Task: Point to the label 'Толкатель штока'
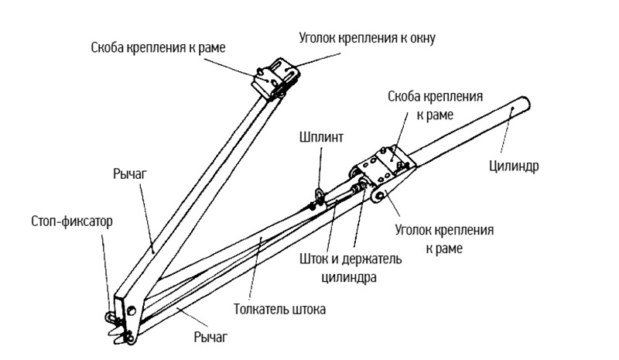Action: click(280, 309)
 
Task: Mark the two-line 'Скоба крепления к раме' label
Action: click(436, 105)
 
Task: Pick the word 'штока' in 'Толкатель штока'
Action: click(309, 309)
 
